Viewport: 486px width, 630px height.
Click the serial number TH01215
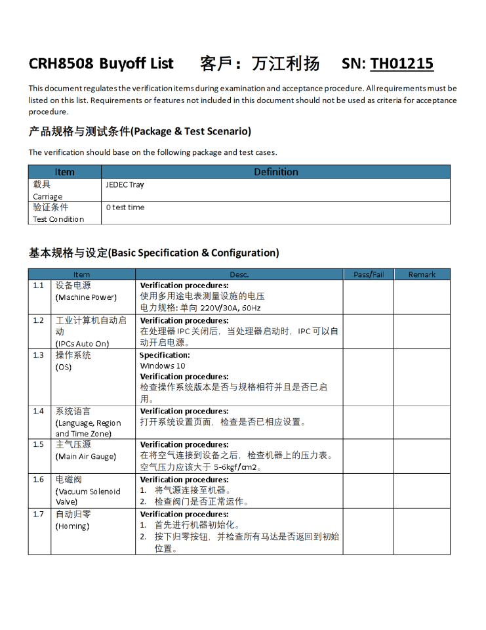401,64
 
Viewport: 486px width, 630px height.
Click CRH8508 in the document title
61,64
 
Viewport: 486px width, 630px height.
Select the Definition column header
275,172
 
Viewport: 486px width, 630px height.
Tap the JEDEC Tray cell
125,185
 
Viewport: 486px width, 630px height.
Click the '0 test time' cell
125,207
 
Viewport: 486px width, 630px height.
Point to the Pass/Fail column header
369,274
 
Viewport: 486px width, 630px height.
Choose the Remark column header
422,274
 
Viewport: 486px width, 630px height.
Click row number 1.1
39,286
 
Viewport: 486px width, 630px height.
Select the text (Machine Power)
86,297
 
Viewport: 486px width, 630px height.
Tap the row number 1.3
39,356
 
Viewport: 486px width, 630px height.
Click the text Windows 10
163,366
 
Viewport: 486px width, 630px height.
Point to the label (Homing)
72,526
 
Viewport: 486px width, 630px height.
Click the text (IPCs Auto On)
82,343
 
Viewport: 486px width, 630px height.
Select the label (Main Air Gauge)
85,456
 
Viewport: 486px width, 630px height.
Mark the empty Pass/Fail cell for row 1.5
368,456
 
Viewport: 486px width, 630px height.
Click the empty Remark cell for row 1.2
422,331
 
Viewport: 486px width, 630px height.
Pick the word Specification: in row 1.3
165,355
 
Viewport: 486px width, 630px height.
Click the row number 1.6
39,480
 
